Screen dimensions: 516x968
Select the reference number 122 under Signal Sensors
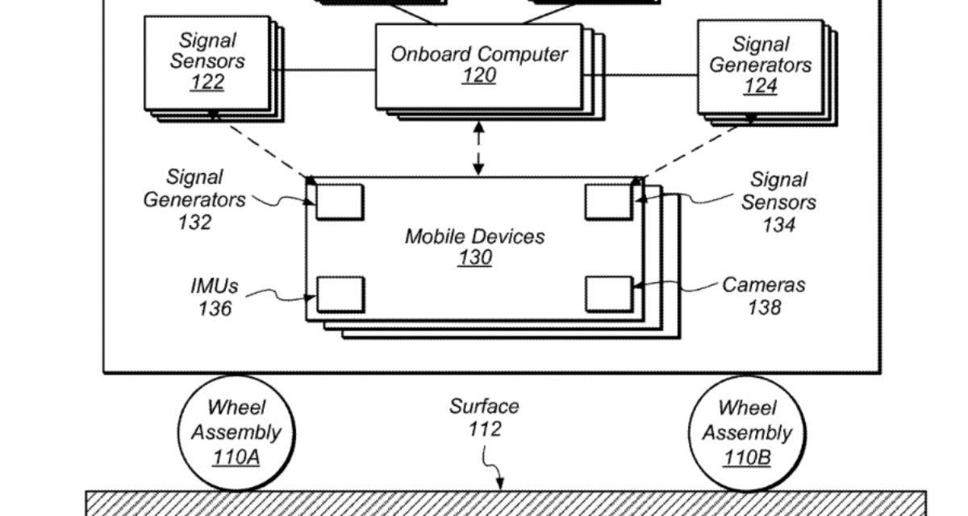[207, 82]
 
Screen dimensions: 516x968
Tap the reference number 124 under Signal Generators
[760, 85]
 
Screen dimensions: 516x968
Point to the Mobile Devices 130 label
[474, 247]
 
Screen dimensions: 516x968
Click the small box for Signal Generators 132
[339, 202]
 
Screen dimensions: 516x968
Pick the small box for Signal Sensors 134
[609, 202]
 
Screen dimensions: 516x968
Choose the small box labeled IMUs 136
[340, 293]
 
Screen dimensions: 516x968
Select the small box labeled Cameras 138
[609, 293]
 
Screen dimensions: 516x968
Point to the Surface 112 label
[484, 418]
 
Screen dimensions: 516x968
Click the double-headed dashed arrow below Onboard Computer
[479, 148]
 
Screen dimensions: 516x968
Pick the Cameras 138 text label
[763, 295]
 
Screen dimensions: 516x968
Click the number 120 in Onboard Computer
[478, 77]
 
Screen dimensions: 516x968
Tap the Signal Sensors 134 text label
[778, 202]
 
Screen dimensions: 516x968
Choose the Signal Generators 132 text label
[194, 198]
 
